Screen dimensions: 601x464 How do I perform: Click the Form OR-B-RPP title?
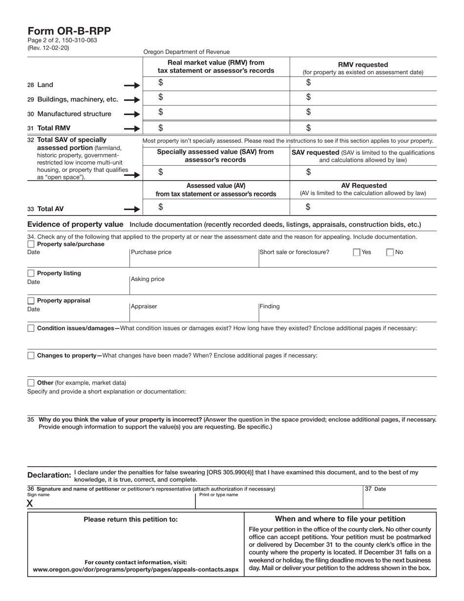pos(69,31)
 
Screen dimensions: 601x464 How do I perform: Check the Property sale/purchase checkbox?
pos(31,244)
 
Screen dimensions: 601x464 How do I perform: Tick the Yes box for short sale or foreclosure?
pos(357,253)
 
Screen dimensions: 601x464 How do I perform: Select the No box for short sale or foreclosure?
pos(390,253)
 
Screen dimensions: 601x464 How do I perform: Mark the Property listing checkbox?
pos(31,273)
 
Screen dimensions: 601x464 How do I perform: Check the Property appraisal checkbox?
pos(31,300)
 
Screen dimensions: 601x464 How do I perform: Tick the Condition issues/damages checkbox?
pos(31,328)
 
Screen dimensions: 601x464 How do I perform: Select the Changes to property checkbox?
pos(31,356)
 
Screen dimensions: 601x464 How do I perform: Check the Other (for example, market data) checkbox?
pos(31,383)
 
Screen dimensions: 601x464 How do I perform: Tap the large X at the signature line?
pos(30,504)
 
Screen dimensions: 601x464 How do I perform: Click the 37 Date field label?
pos(376,489)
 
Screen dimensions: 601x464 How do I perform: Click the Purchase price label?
pos(151,253)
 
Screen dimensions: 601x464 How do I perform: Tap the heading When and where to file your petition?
pos(340,519)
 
